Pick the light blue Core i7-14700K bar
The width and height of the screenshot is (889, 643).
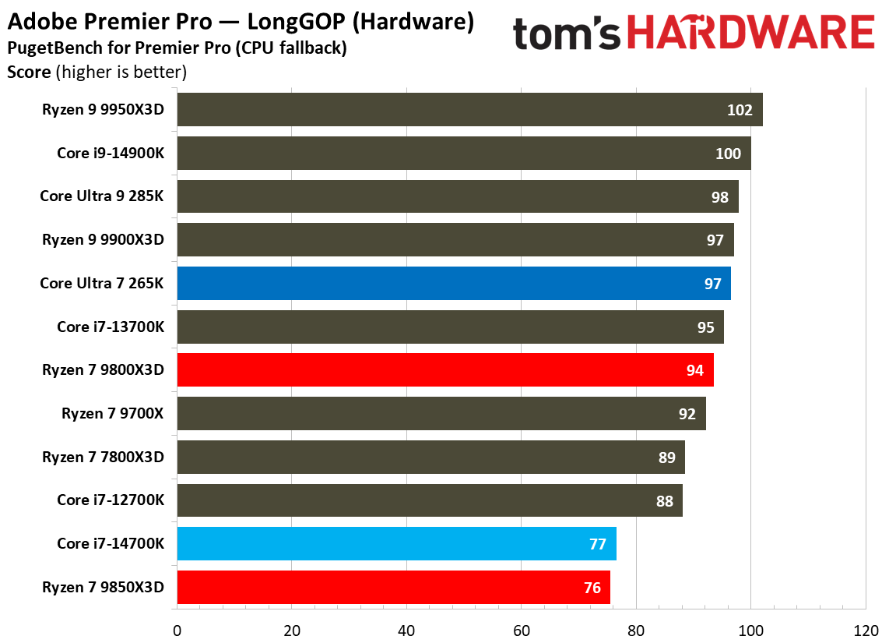pyautogui.click(x=396, y=543)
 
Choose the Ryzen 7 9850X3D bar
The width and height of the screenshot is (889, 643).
pyautogui.click(x=393, y=587)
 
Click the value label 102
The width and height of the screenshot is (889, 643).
pyautogui.click(x=740, y=110)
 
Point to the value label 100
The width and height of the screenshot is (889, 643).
pyautogui.click(x=728, y=154)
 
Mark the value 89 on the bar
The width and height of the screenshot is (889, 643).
pyautogui.click(x=666, y=458)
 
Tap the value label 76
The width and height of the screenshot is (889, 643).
pyautogui.click(x=592, y=588)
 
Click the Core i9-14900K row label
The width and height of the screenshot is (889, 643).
pyautogui.click(x=111, y=154)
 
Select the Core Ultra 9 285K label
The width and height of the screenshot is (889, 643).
pyautogui.click(x=102, y=196)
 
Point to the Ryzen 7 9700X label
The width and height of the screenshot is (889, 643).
pyautogui.click(x=113, y=413)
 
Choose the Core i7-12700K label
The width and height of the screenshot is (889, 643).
pyautogui.click(x=111, y=500)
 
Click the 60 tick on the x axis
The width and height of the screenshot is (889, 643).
pyautogui.click(x=522, y=629)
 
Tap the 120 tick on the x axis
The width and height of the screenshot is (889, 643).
pyautogui.click(x=866, y=629)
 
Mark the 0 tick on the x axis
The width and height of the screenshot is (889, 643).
pyautogui.click(x=177, y=629)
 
